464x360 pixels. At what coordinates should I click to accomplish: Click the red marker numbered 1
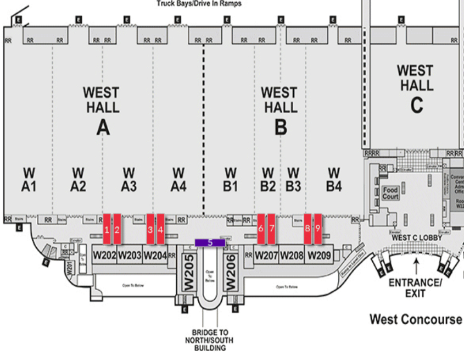point(107,228)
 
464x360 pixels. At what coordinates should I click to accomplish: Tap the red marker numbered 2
point(117,228)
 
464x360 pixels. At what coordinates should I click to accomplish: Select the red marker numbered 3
point(150,228)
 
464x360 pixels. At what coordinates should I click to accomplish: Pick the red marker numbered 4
point(160,228)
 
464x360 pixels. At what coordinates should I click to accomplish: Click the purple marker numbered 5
point(210,242)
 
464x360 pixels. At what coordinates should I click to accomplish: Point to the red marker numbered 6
point(261,228)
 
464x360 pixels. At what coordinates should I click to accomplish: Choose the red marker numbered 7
point(271,228)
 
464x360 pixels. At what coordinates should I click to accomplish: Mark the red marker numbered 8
point(308,228)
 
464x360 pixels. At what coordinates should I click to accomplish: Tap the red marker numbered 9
point(317,228)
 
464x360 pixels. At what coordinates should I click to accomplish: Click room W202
point(104,255)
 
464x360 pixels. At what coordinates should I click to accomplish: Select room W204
point(155,255)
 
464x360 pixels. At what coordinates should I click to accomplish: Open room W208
point(292,255)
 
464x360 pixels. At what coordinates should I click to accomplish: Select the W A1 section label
point(29,180)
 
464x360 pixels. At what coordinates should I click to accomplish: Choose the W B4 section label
point(334,180)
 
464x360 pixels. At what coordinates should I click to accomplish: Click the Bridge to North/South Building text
point(210,340)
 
